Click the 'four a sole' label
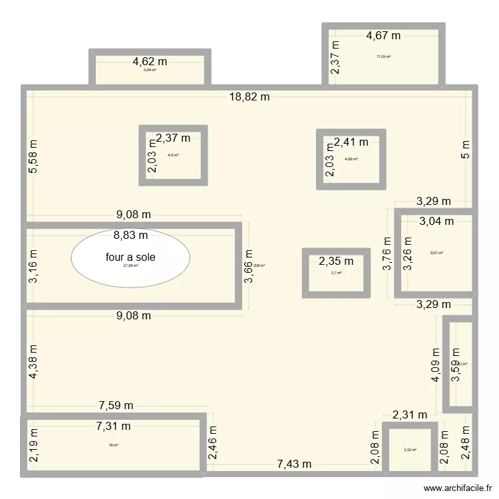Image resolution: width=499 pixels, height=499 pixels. coord(130,257)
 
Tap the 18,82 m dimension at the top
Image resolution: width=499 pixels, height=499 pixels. coord(249,97)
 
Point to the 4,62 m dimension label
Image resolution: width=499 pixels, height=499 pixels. coord(150,61)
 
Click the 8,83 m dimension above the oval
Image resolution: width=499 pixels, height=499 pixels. coord(130,235)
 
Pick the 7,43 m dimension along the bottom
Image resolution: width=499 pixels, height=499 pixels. coord(293,463)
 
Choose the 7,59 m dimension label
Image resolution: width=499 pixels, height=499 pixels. coord(116,405)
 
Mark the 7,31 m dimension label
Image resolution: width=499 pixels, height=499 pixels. coord(112,426)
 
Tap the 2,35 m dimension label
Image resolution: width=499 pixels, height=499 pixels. coord(336,261)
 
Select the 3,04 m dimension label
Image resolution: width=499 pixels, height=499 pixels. coord(436,221)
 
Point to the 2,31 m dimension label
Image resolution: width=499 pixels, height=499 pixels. coord(409,415)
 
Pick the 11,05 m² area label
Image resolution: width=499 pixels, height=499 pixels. coord(383,57)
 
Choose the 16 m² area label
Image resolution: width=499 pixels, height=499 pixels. coord(113,445)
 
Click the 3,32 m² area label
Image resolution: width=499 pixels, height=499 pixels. coord(409,450)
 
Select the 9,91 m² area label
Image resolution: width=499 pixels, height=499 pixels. coord(436,253)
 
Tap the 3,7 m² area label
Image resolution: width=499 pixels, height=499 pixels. coord(336,273)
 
